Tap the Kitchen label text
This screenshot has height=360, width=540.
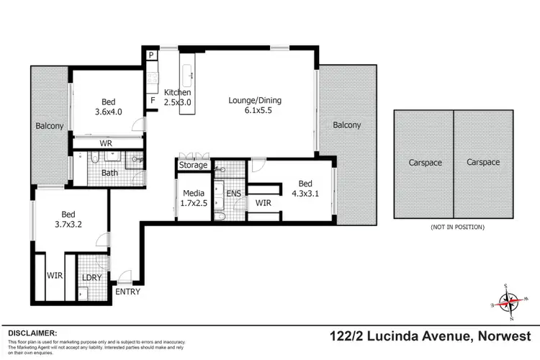tap(177, 93)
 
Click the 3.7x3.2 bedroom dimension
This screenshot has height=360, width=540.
tap(68, 225)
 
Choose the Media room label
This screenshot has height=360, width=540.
tap(193, 193)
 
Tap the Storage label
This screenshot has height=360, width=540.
tap(194, 165)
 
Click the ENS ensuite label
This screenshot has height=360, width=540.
tap(234, 193)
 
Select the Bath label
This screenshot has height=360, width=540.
tap(109, 173)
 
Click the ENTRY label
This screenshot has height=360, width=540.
tap(127, 292)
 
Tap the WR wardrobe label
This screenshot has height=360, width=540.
tap(106, 143)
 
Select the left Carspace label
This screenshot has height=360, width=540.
tap(423, 163)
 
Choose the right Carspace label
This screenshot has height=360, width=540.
tap(482, 163)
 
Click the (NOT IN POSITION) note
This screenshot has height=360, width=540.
tap(457, 227)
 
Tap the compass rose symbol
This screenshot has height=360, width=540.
tap(509, 303)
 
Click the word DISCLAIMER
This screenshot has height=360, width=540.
tap(32, 333)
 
